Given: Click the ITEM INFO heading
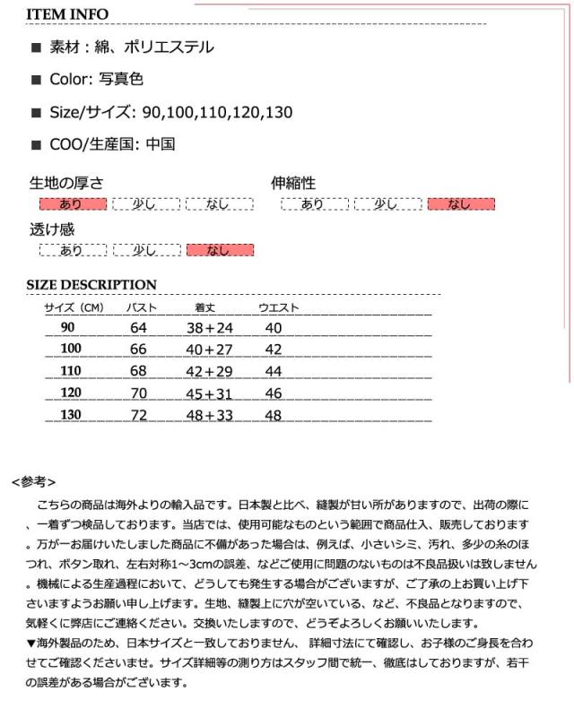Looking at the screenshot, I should (x=67, y=14).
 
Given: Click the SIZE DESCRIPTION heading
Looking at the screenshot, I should (x=91, y=285).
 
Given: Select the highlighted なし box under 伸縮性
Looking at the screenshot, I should (x=460, y=204).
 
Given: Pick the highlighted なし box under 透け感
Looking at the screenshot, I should (x=219, y=250).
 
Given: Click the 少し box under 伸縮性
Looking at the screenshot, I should (x=387, y=204).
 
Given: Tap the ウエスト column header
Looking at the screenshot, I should (x=279, y=308).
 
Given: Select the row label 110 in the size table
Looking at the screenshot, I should (x=71, y=370).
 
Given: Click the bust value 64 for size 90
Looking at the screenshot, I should (x=138, y=328).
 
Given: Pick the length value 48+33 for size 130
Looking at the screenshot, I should (x=209, y=414).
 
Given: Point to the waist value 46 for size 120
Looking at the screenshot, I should (x=274, y=393).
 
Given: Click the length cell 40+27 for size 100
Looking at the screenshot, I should (x=209, y=349).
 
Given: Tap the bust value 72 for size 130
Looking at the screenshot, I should (x=138, y=414).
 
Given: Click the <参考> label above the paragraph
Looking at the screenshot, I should (x=35, y=481).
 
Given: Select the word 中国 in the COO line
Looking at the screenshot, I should (x=160, y=143).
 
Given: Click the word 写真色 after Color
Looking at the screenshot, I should (x=123, y=80).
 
